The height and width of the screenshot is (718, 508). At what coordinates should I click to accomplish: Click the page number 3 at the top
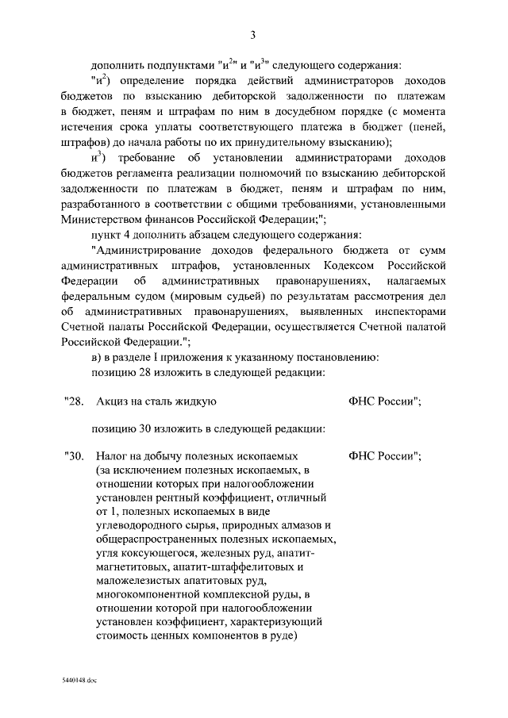click(x=252, y=34)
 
